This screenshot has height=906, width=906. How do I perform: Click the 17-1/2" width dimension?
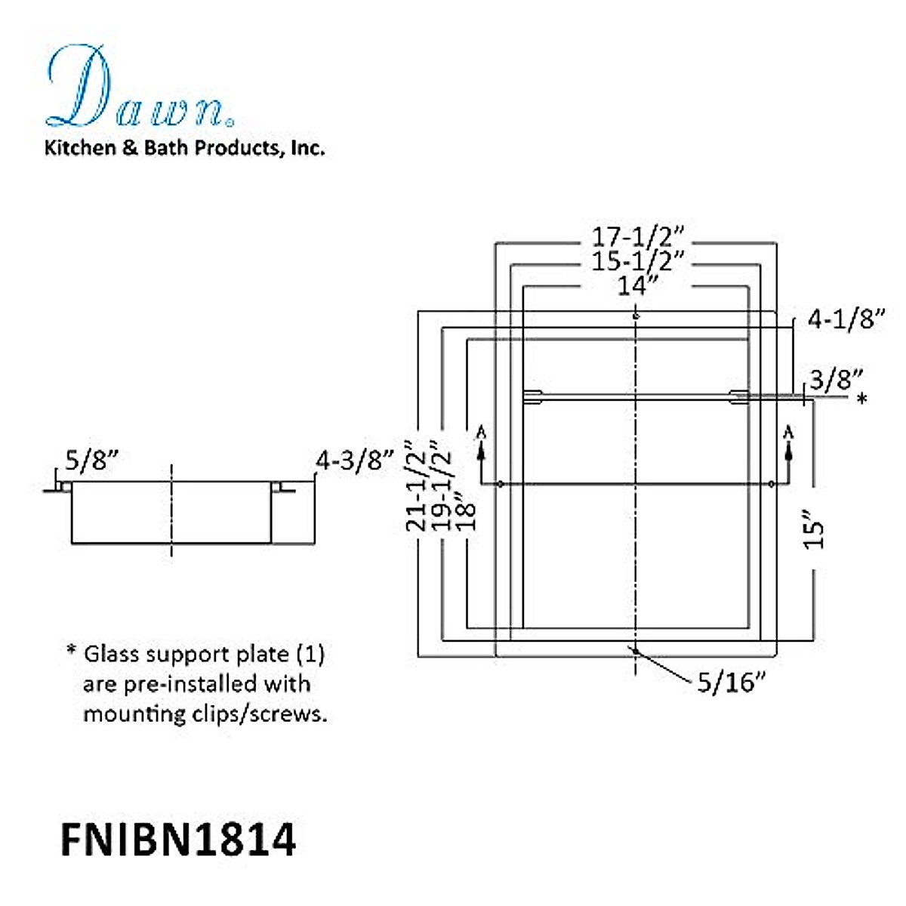[637, 237]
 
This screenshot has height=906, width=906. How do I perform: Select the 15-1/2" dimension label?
[637, 261]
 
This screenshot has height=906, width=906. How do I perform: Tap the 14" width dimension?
[637, 285]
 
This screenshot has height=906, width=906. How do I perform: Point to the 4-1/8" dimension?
[846, 319]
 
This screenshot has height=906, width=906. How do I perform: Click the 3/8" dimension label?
[837, 380]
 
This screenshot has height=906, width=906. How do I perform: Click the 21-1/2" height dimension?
[416, 485]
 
